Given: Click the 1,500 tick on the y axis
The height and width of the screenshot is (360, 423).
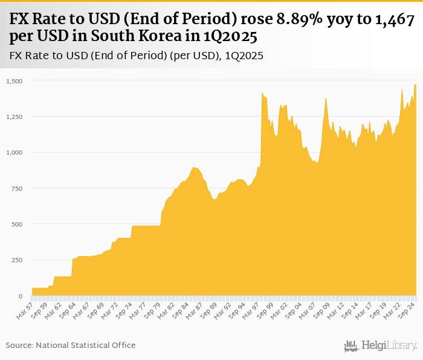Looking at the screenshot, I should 13,81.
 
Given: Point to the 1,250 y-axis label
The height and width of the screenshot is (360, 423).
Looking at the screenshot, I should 13,117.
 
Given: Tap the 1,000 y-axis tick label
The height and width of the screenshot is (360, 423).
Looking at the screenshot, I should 13,152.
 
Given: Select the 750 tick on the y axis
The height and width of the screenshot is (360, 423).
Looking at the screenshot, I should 16,188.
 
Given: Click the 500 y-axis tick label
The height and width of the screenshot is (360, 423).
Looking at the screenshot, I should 16,224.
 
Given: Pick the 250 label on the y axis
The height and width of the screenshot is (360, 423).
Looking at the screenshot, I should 16,260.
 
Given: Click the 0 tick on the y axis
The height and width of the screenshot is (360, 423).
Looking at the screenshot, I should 20,296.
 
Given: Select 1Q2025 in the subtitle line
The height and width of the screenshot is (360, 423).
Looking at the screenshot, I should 244,56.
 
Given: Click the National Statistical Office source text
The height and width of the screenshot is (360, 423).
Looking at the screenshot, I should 85,345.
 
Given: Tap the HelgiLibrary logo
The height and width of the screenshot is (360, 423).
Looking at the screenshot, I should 381,346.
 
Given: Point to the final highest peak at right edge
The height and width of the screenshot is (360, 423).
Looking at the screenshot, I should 415,85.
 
